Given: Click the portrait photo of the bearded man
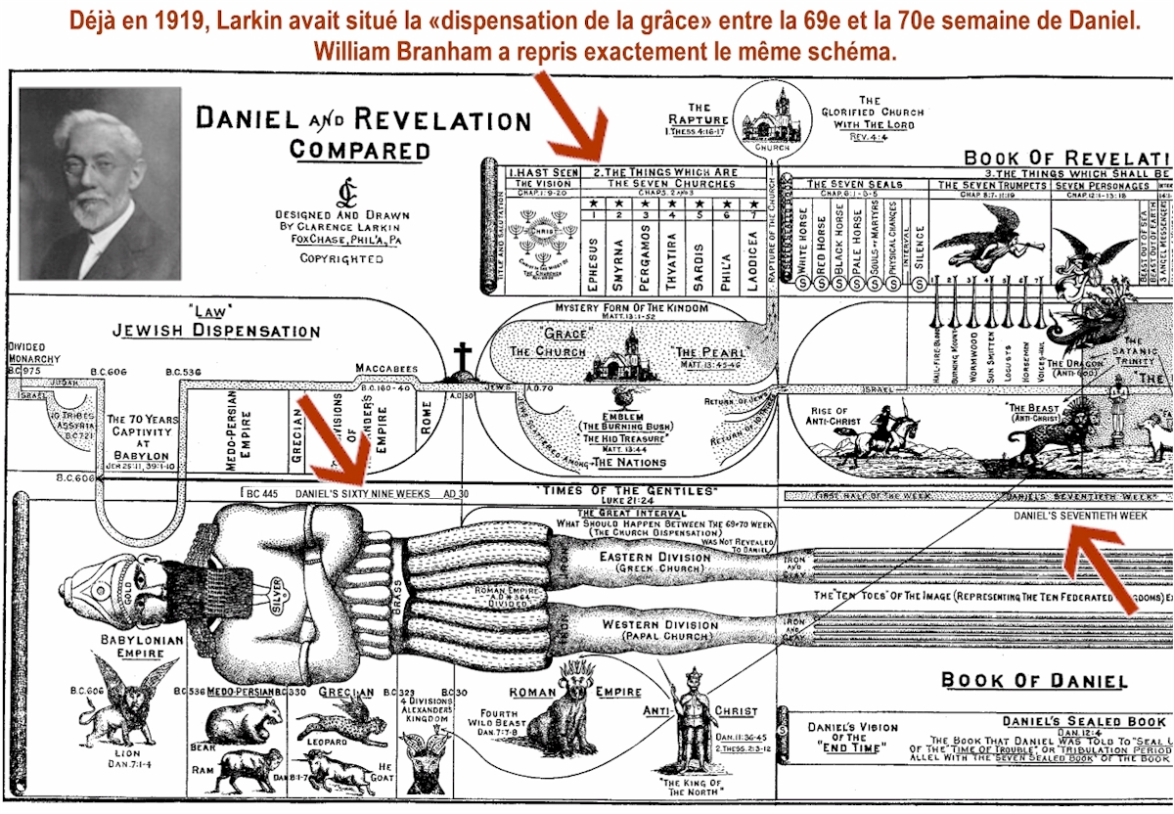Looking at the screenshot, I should [x=100, y=183].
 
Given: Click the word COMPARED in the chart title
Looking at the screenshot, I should [x=360, y=151].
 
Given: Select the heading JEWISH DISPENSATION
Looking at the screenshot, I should [x=216, y=331].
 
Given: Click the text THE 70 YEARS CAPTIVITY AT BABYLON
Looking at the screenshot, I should [x=144, y=437].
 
